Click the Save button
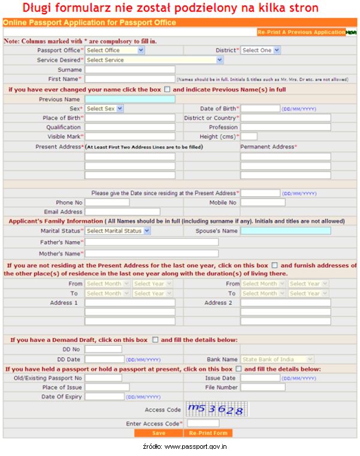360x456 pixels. (x=159, y=433)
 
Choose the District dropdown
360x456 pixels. (x=261, y=50)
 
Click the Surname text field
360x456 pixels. (x=130, y=69)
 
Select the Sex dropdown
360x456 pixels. (x=104, y=109)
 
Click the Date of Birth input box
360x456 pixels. (x=260, y=109)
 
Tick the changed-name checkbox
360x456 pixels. (x=167, y=89)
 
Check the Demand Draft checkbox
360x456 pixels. (x=155, y=340)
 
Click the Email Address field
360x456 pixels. (x=122, y=212)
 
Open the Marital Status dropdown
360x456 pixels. (x=118, y=231)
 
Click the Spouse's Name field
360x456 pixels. (x=285, y=231)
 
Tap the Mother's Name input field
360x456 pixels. (x=151, y=254)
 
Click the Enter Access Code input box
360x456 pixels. (x=203, y=423)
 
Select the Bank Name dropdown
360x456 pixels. (x=277, y=360)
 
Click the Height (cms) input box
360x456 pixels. (x=249, y=136)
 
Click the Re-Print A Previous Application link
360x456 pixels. (x=301, y=32)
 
